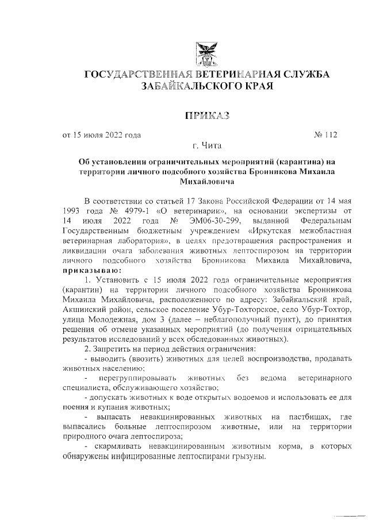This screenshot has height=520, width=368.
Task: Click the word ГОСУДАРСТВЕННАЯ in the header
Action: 135,75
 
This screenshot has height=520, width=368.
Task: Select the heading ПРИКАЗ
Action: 206,117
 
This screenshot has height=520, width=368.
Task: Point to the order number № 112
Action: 326,136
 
